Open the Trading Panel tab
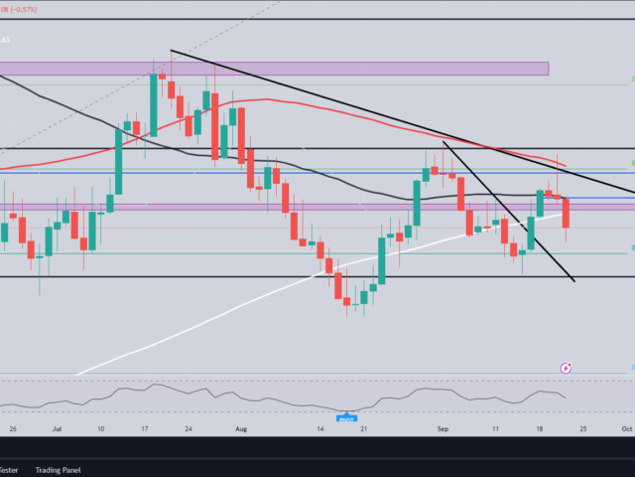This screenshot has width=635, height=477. (x=58, y=470)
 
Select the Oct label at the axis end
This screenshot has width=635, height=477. (x=626, y=428)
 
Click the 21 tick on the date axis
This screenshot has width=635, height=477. (x=365, y=428)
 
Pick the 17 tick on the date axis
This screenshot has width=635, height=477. (x=144, y=428)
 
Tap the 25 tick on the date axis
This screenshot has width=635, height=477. (x=583, y=428)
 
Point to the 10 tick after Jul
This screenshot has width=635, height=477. (x=100, y=428)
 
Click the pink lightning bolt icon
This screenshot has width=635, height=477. (x=566, y=368)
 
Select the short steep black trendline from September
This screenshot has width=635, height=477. (x=506, y=209)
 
